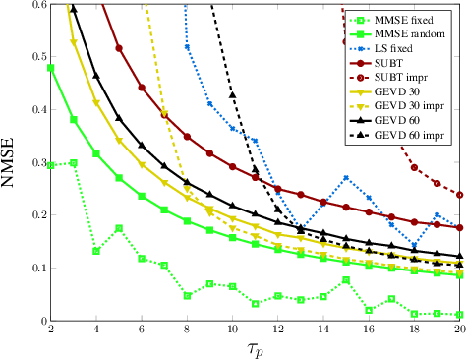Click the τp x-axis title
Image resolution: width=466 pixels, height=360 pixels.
pyautogui.click(x=256, y=349)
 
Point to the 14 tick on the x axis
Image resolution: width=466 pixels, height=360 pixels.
pyautogui.click(x=323, y=331)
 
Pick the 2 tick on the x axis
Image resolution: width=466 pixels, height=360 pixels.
pyautogui.click(x=50, y=331)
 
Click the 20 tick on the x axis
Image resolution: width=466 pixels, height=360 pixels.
pyautogui.click(x=459, y=331)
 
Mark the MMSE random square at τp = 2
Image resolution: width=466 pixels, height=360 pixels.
pyautogui.click(x=50, y=69)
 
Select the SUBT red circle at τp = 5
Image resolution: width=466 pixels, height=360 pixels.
pyautogui.click(x=119, y=48)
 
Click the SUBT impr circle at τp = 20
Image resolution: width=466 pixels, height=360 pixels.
pyautogui.click(x=460, y=195)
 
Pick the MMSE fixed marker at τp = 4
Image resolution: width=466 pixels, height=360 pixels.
pyautogui.click(x=96, y=251)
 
